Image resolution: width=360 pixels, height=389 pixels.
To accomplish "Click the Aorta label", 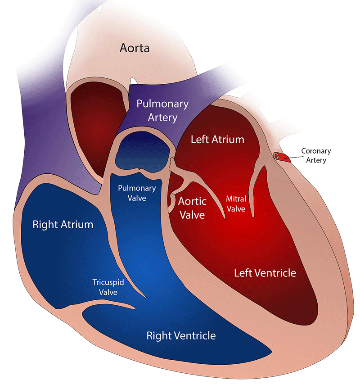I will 134,48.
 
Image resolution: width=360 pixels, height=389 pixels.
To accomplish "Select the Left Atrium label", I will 217,139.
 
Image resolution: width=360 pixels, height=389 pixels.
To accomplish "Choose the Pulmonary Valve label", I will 137,193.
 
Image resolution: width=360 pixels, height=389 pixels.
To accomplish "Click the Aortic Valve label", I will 192,208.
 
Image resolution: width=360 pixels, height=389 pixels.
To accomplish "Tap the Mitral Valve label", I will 235,204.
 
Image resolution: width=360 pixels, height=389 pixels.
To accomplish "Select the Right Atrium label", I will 63,225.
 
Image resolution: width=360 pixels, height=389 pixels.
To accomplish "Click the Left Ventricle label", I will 265,272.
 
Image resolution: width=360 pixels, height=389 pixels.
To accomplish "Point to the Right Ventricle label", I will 181,335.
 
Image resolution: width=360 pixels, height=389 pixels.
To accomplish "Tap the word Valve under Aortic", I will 192,215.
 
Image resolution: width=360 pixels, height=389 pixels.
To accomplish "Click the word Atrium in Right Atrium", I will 77,225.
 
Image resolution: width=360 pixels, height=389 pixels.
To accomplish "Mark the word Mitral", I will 235,198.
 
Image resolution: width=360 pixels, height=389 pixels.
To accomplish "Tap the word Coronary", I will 316,151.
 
